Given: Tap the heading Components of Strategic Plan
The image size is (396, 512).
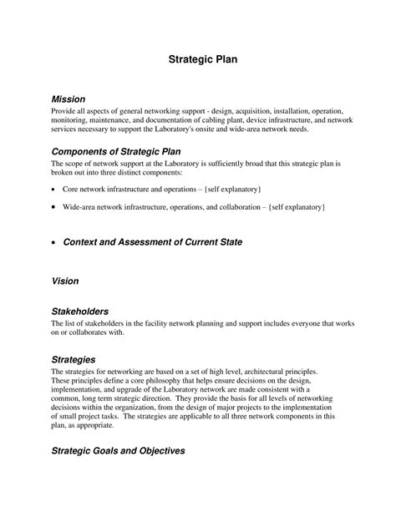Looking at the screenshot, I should (x=116, y=151).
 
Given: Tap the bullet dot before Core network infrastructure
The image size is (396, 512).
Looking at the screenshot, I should (x=54, y=190).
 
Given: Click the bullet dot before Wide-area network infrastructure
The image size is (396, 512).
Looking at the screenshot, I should (x=54, y=206).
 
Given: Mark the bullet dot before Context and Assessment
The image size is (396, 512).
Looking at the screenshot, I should (x=54, y=242).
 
